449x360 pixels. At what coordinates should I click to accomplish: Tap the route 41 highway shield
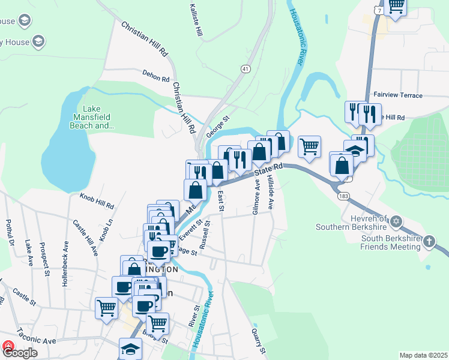coord(246,69)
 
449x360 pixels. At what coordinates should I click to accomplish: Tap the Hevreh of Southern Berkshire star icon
coord(395,223)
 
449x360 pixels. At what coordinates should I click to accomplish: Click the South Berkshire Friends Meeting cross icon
coord(429,242)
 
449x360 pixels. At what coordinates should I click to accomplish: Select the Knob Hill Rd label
coord(97,200)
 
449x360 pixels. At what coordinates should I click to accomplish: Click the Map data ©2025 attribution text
coord(423,355)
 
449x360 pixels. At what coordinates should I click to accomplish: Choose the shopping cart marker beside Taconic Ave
coord(106,307)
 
